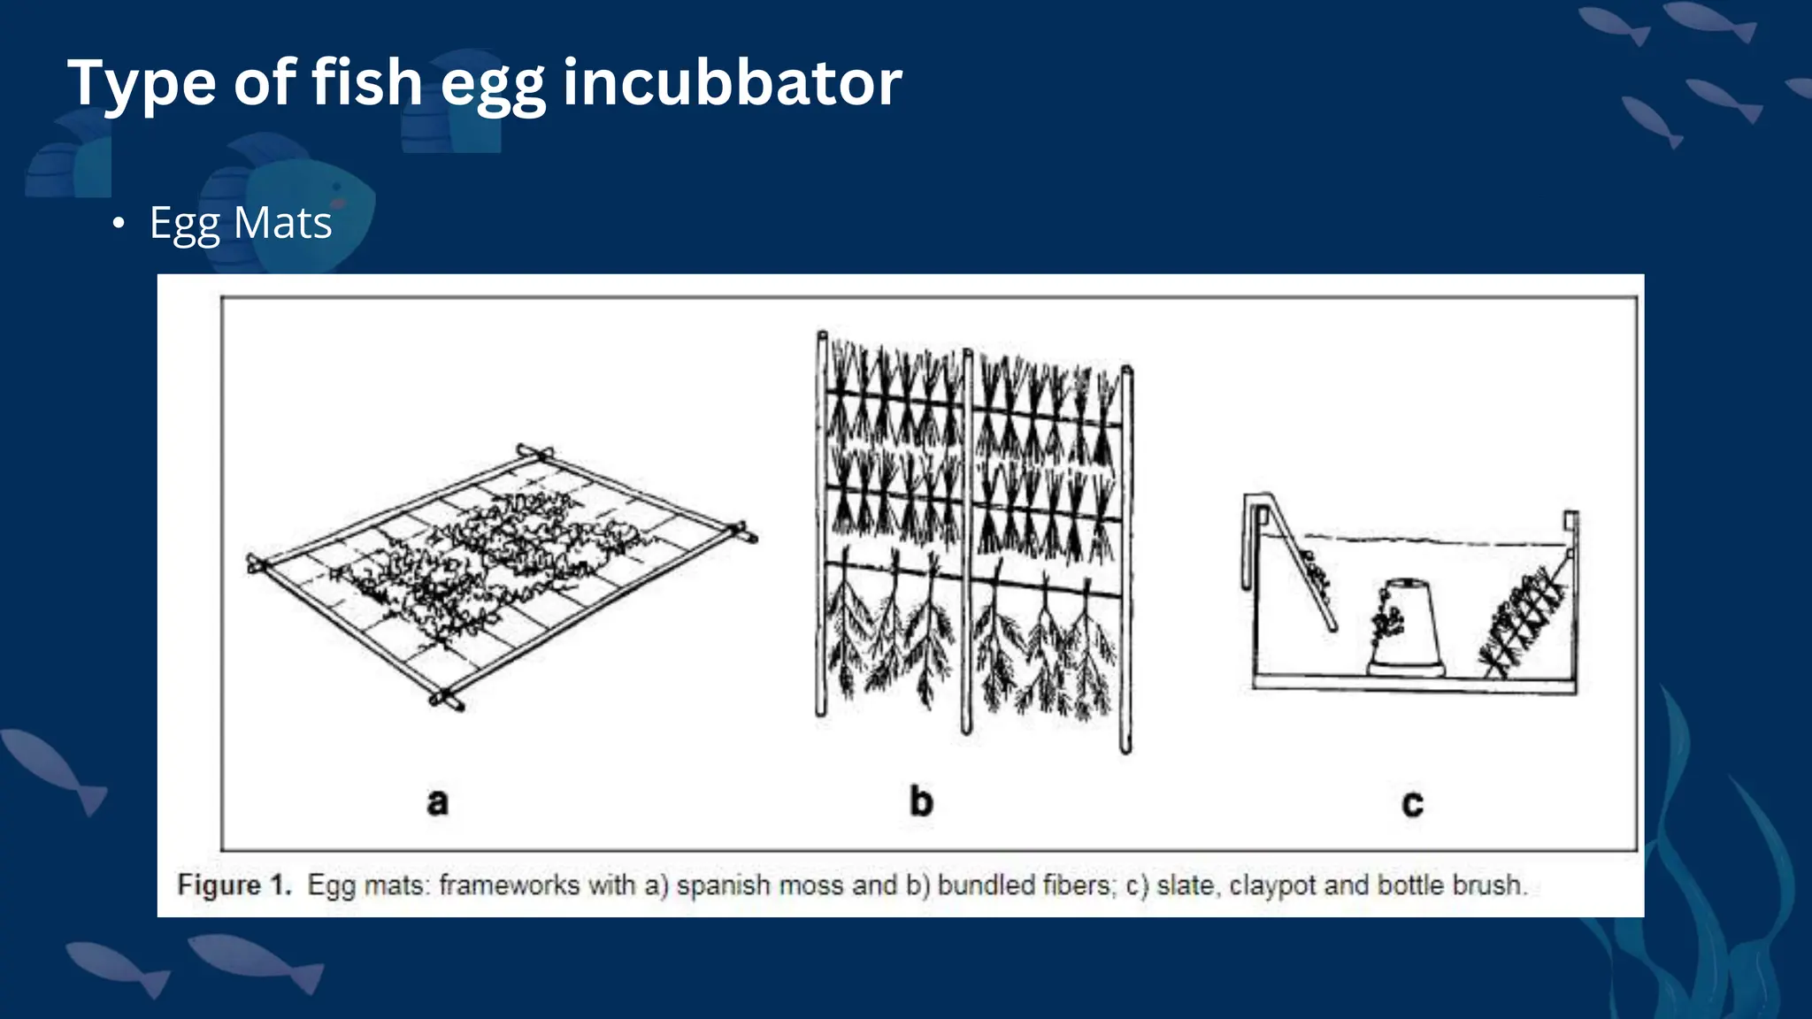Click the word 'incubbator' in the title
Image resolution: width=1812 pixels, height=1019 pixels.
(733, 82)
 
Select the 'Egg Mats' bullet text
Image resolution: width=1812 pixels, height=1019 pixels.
(241, 222)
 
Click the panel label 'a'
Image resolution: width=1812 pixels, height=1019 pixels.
(438, 802)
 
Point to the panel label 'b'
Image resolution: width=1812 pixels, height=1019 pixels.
(921, 801)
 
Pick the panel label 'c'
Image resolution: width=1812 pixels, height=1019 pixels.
(1413, 803)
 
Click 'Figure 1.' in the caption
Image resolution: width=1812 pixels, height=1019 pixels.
(234, 885)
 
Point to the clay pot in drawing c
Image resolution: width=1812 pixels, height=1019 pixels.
(1406, 629)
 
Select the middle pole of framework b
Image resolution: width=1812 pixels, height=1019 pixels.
(967, 541)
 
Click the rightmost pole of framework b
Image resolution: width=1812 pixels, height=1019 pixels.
(1126, 559)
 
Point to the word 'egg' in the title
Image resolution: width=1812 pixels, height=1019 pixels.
(493, 88)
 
